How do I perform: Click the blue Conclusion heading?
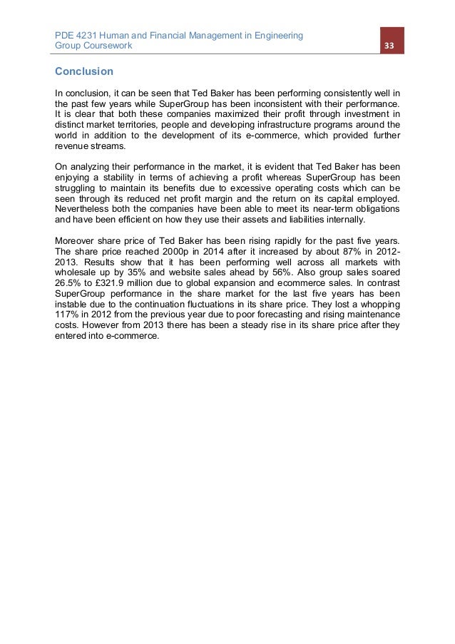[84, 72]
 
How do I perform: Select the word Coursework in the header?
[108, 46]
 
